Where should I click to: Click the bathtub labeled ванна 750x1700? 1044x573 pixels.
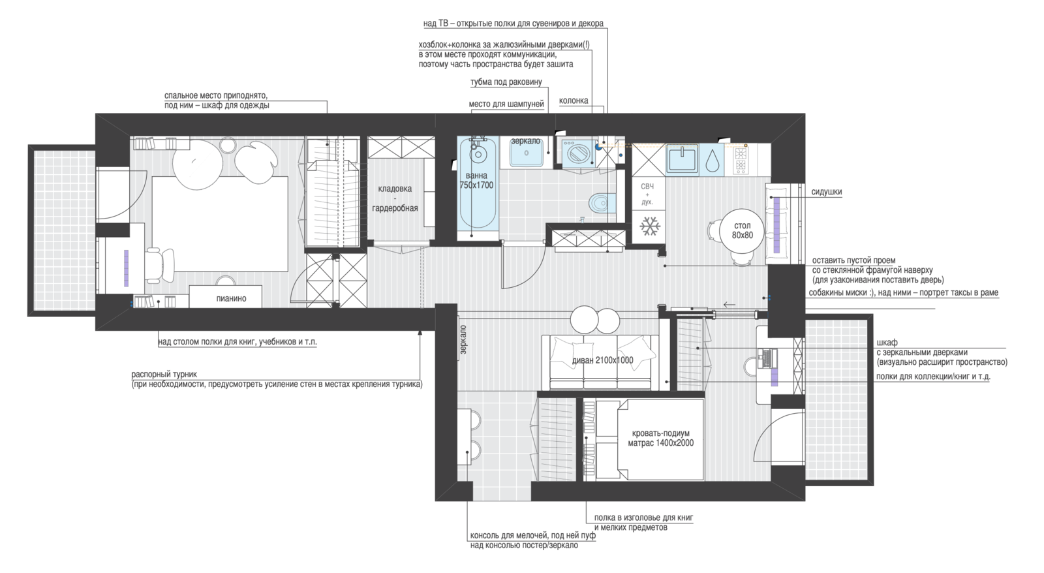coord(477,187)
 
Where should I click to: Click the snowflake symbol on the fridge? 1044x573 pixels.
coord(649,226)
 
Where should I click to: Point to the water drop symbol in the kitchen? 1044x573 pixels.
coord(711,160)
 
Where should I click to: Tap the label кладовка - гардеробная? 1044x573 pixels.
coord(395,198)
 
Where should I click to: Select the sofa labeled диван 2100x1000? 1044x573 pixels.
coord(601,362)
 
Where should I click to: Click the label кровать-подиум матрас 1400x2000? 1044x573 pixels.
coord(660,439)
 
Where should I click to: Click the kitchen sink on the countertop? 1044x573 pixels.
coord(683,159)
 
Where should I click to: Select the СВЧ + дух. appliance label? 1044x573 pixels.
coord(647,194)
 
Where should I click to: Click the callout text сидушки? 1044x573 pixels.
coord(826,192)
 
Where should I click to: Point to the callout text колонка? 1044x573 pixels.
coord(574,101)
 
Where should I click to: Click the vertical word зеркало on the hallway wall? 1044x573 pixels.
coord(463,340)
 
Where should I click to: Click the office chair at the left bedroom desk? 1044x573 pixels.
coord(158,265)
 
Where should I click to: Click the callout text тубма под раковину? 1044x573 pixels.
coord(506,82)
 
